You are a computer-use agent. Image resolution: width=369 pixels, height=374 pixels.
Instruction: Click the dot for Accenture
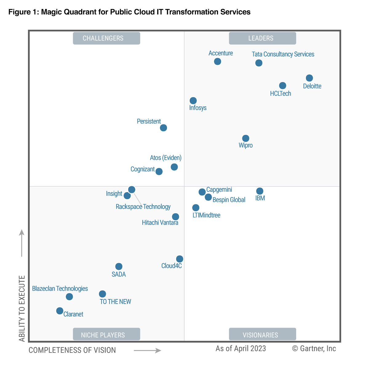[x=217, y=61]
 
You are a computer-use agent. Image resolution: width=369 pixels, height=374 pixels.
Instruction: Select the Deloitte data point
[x=309, y=78]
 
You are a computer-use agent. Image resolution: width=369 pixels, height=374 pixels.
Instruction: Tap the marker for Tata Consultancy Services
[x=259, y=63]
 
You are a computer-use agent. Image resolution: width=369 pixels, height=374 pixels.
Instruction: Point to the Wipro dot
[x=246, y=138]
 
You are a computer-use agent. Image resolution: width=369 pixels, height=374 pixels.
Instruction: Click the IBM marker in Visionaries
[x=260, y=191]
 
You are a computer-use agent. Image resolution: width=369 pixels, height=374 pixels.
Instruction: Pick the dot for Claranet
[x=60, y=311]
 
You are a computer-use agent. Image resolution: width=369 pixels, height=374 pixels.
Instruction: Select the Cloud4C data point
[x=180, y=259]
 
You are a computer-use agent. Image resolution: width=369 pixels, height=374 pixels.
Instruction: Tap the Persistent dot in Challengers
[x=164, y=128]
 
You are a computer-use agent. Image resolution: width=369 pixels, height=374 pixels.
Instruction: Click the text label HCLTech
[x=280, y=93]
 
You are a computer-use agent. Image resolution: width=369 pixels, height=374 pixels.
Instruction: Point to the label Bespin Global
[x=229, y=200]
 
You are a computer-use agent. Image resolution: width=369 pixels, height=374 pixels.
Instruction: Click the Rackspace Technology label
[x=143, y=207]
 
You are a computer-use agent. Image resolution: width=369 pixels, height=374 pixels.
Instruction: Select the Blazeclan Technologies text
[x=60, y=289]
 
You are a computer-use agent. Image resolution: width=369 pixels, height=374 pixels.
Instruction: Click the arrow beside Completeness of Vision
[x=148, y=350]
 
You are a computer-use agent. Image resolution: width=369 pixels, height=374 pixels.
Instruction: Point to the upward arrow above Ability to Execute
[x=22, y=243]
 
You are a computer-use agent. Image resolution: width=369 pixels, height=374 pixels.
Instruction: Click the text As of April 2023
[x=241, y=348]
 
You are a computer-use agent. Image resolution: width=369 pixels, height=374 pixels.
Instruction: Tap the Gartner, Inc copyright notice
[x=314, y=348]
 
